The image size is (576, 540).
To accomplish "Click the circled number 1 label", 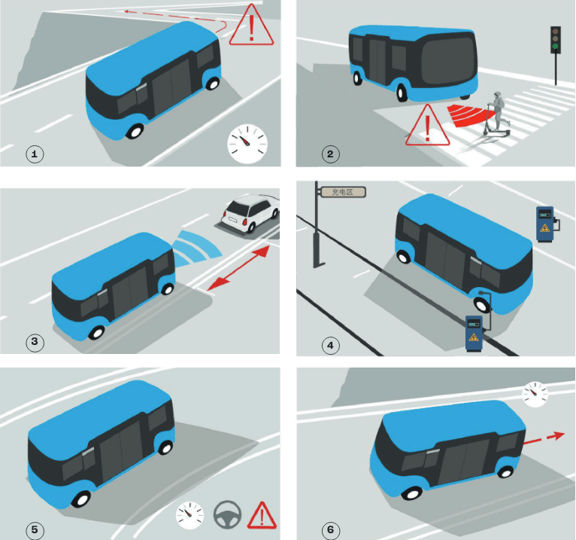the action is point(35,154).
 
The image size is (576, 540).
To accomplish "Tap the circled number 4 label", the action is point(330,346).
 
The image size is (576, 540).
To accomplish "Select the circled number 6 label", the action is point(330,530).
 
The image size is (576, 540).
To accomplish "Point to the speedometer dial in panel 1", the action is point(247,144).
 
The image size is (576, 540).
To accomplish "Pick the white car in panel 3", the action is point(250,213).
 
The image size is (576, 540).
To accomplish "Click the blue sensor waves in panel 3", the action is point(196,249).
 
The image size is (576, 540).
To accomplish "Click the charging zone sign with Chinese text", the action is point(343,191).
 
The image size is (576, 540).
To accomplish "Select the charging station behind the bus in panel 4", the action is point(545,224).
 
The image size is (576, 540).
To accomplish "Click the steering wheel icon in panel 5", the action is point(227,514).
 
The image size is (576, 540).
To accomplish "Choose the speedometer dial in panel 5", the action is point(190,515).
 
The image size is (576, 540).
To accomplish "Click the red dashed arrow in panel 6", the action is point(544,438).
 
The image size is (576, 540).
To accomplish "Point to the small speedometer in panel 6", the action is point(535,395).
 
